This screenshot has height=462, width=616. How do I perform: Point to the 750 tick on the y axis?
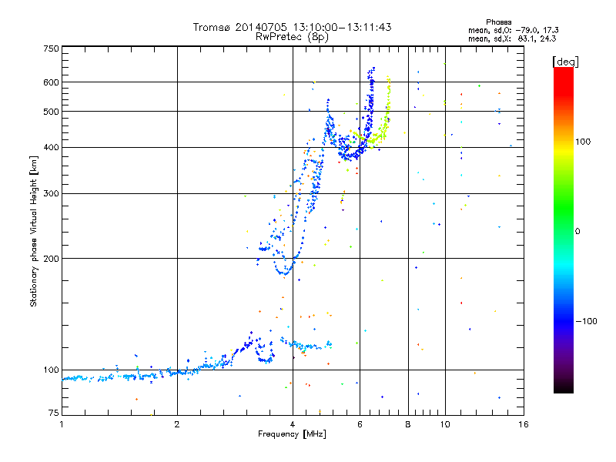tap(51, 49)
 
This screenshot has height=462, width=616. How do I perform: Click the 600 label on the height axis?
tap(51, 82)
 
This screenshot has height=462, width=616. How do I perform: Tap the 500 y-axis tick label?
tap(51, 112)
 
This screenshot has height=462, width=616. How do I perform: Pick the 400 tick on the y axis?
tap(51, 147)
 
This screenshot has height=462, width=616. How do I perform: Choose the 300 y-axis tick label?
tap(51, 193)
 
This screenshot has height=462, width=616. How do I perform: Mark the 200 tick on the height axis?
tap(51, 258)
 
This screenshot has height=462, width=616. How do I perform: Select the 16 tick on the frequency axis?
tap(522, 424)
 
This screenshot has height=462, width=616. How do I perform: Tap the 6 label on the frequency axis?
tap(360, 424)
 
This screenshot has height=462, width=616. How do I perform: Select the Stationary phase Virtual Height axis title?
tap(34, 231)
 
